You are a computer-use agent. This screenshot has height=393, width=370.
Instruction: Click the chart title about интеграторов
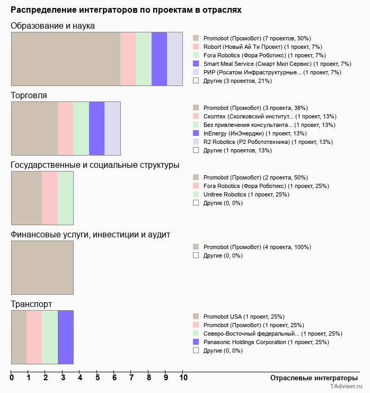[x=126, y=10]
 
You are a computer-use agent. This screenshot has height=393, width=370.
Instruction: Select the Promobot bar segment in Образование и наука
[x=66, y=59]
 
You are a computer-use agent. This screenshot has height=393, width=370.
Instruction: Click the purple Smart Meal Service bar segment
[x=159, y=59]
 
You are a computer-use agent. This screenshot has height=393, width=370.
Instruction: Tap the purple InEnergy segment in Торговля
[x=96, y=129]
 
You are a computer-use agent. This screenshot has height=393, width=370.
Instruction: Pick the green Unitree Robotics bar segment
[x=65, y=198]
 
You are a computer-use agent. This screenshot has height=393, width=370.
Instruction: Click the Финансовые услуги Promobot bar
[x=42, y=268]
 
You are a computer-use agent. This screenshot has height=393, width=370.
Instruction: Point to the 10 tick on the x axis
[x=183, y=378]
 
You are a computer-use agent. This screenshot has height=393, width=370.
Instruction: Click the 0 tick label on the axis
[x=12, y=378]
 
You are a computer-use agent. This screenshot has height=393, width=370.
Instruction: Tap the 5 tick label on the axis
[x=98, y=378]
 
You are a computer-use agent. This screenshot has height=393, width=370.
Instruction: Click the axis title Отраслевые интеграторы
[x=311, y=378]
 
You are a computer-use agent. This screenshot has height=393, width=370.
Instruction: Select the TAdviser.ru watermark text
[x=347, y=387]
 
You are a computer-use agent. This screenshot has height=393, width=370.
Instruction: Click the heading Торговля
[x=29, y=96]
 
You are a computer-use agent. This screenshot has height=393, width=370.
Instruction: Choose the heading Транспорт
[x=31, y=304]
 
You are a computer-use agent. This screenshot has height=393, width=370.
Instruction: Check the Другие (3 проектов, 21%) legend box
[x=196, y=81]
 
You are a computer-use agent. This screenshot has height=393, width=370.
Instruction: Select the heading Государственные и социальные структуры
[x=95, y=165]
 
